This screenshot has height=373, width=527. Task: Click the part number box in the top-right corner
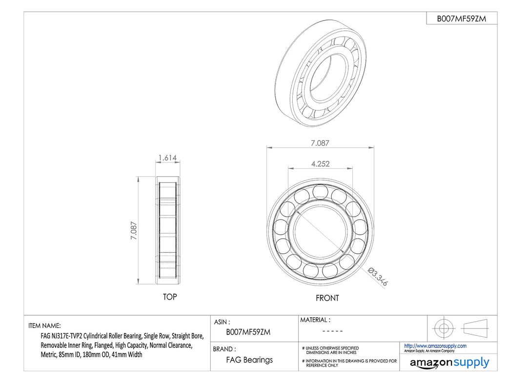click(462, 19)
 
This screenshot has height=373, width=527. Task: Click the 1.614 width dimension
click(167, 157)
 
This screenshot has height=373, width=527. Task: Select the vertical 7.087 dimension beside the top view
click(134, 231)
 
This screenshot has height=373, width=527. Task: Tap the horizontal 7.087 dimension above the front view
click(320, 143)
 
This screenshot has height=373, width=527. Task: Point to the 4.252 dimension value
click(320, 164)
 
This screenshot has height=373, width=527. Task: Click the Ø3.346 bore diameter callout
click(378, 277)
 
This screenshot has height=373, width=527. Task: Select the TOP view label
click(170, 297)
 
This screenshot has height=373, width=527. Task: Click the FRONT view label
click(327, 298)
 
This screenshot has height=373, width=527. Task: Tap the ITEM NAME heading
click(45, 326)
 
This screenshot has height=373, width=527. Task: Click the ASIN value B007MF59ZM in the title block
click(248, 332)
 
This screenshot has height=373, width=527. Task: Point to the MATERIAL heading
click(315, 320)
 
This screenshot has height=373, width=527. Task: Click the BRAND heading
click(224, 349)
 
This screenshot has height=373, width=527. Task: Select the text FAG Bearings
click(249, 360)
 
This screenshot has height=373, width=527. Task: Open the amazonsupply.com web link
click(435, 346)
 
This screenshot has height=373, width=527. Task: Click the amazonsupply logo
click(449, 363)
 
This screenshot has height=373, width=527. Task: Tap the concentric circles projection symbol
click(443, 328)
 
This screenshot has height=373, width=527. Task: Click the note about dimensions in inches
click(330, 350)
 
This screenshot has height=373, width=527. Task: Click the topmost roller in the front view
click(320, 192)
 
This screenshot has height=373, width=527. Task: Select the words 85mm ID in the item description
click(70, 354)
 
